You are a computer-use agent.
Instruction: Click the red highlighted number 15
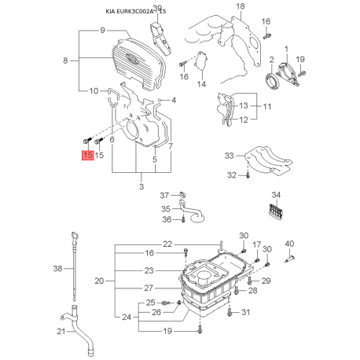[x=88, y=155]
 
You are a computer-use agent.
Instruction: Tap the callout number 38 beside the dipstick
[x=57, y=268]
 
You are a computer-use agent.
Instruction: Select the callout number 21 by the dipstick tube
[x=61, y=332]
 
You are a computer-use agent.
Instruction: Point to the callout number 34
[x=276, y=195]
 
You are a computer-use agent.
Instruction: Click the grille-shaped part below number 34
[x=277, y=211]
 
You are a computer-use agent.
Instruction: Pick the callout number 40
[x=289, y=244]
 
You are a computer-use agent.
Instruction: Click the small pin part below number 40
[x=290, y=259]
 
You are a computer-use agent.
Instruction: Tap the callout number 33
[x=229, y=156]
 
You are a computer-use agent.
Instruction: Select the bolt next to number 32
[x=248, y=175]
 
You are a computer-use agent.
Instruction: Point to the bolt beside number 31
[x=230, y=312]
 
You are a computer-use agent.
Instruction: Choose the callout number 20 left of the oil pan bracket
[x=99, y=281]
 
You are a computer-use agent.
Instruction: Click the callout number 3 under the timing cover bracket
[x=141, y=186]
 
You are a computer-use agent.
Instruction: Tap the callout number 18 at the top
[x=241, y=6]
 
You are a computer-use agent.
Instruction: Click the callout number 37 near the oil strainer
[x=164, y=195]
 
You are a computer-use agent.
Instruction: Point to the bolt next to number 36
[x=183, y=219]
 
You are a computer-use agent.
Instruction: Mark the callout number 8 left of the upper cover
[x=65, y=61]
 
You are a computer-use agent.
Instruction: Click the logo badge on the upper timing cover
[x=132, y=57]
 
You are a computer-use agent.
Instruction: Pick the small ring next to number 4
[x=160, y=100]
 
